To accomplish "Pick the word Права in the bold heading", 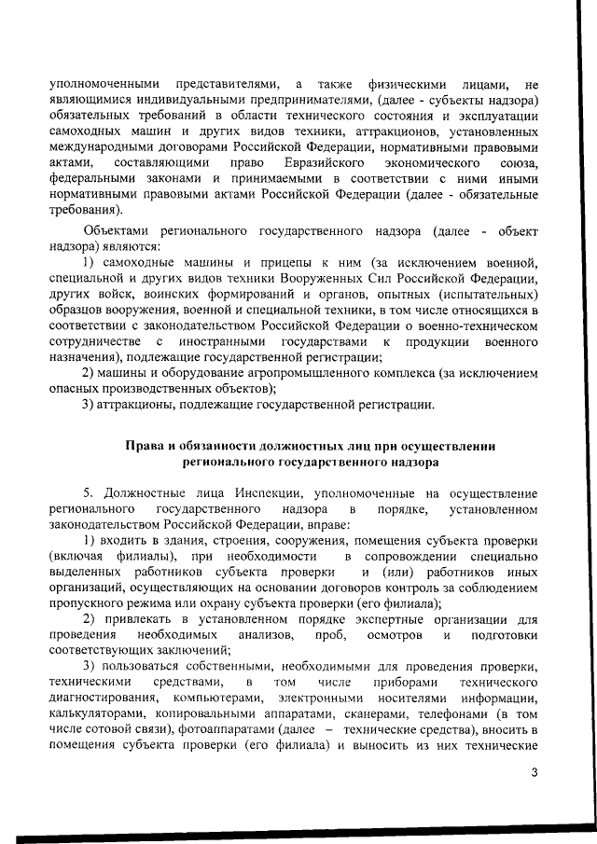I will pyautogui.click(x=144, y=446).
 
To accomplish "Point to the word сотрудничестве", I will pyautogui.click(x=98, y=342).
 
